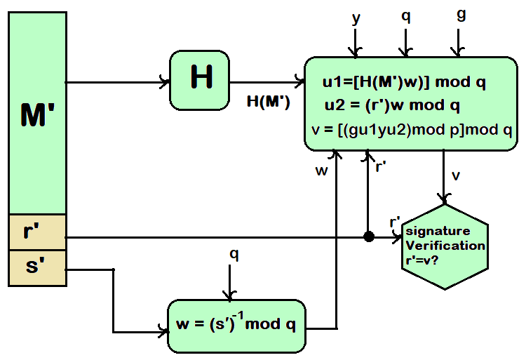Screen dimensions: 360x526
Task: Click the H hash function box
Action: click(x=200, y=79)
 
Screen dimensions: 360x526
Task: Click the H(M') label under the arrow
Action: click(x=269, y=100)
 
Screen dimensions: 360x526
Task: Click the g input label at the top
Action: click(x=461, y=15)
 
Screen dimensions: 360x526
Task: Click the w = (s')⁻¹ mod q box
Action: click(x=236, y=326)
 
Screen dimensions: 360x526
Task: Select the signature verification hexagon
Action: click(x=445, y=246)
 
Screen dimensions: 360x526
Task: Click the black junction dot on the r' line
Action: click(x=368, y=237)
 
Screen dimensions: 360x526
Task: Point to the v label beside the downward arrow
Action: click(x=456, y=175)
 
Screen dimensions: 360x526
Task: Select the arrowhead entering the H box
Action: click(x=166, y=82)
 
